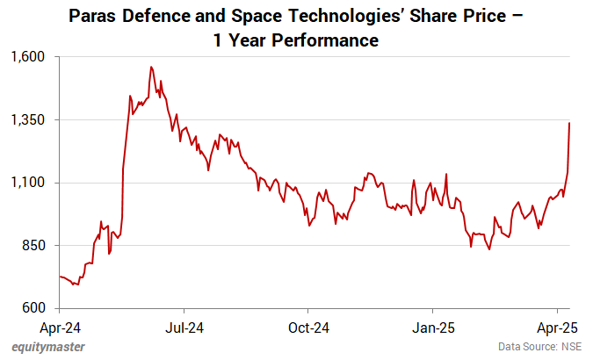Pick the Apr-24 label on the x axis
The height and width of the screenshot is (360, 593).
pyautogui.click(x=60, y=328)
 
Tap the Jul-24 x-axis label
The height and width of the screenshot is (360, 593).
pyautogui.click(x=184, y=328)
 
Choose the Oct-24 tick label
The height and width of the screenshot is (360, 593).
pyautogui.click(x=309, y=328)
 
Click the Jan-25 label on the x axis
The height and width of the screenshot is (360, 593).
pyautogui.click(x=433, y=328)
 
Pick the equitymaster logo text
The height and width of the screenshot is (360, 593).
pyautogui.click(x=49, y=346)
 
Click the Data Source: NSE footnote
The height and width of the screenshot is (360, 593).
pyautogui.click(x=539, y=346)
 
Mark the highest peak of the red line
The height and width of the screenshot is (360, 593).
pyautogui.click(x=151, y=66)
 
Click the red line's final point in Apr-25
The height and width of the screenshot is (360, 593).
pyautogui.click(x=570, y=123)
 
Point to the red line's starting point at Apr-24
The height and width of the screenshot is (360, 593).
pyautogui.click(x=60, y=276)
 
